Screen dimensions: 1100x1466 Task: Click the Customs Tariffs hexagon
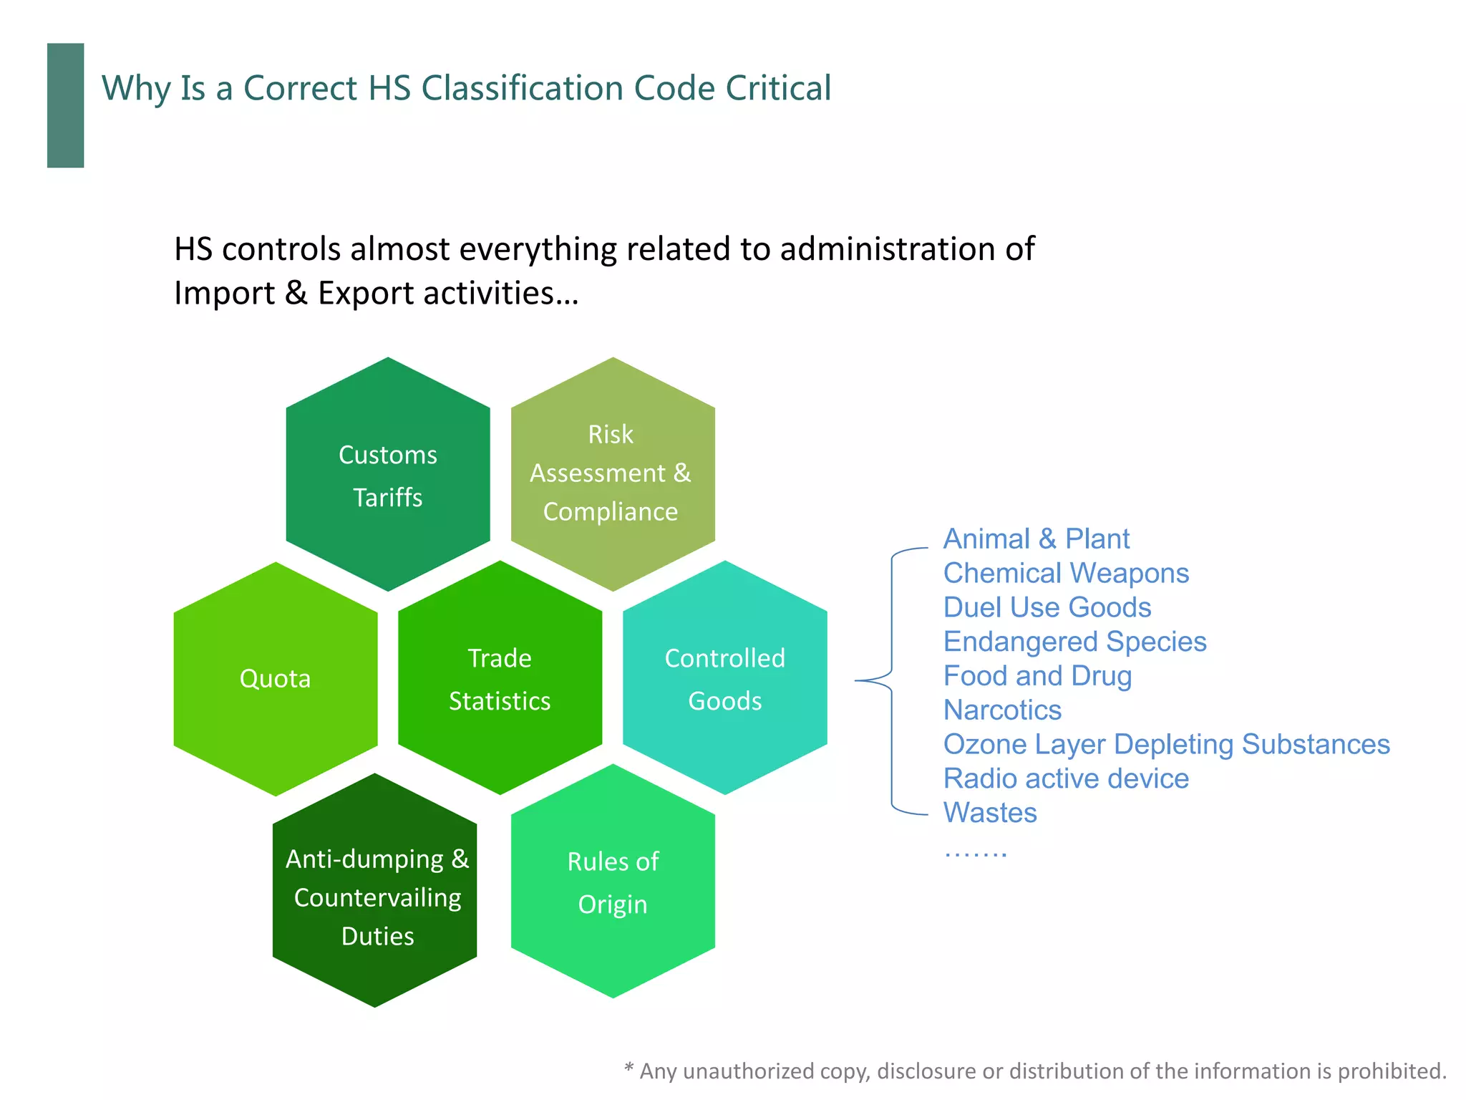coord(388,475)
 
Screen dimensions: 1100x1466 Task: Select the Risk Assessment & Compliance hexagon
coord(613,473)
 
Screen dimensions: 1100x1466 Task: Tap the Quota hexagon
coord(276,678)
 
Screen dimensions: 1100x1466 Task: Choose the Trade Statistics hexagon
coord(500,678)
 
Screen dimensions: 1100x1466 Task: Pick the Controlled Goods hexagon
coord(724,678)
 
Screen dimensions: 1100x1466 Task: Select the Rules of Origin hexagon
coord(613,882)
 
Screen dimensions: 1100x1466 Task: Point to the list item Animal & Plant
coord(1036,539)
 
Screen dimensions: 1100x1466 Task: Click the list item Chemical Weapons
coord(1066,573)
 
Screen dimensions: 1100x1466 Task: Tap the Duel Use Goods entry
coord(1047,607)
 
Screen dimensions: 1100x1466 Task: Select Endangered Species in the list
coord(1074,642)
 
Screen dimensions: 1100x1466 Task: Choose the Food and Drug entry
coord(1037,676)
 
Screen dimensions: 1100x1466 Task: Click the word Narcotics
coord(1002,710)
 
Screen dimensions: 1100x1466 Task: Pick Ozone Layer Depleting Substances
coord(1166,745)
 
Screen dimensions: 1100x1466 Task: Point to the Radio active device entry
coord(1066,778)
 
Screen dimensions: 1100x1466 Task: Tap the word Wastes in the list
coord(990,813)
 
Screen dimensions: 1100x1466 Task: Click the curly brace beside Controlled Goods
coord(891,680)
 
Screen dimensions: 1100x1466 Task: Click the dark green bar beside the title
coord(66,105)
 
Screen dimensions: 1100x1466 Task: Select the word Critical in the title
coord(778,88)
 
